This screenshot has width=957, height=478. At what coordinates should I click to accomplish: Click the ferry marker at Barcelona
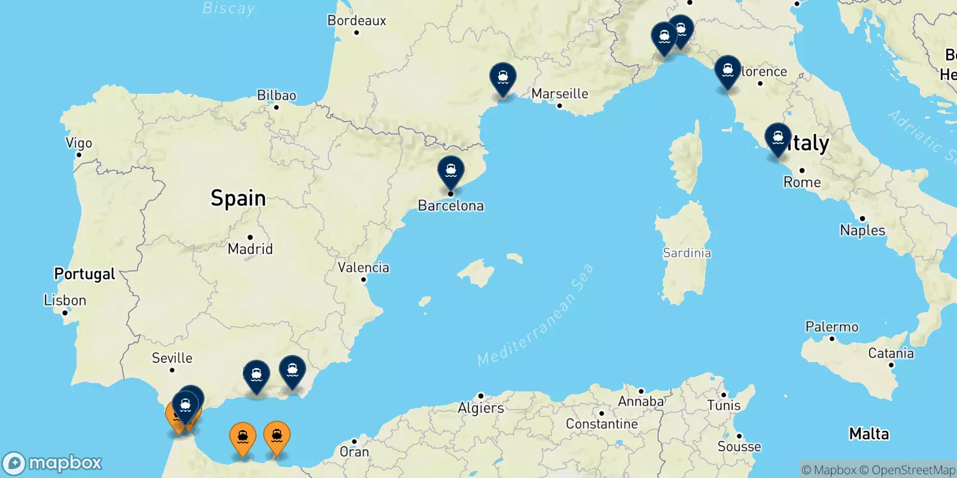[x=450, y=171]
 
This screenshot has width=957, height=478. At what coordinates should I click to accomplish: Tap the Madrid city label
[x=250, y=249]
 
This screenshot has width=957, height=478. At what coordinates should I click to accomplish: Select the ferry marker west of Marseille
[x=502, y=78]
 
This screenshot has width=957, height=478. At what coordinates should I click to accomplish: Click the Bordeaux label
[x=356, y=21]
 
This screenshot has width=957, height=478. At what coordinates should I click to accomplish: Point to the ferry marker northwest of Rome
[x=778, y=139]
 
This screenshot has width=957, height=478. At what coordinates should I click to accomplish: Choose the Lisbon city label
[x=65, y=300]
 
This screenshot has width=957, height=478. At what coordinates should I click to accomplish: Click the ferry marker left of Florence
[x=727, y=71]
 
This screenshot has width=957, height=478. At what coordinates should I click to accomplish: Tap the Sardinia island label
[x=687, y=253]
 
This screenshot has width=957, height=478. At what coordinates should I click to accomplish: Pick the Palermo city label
[x=831, y=327]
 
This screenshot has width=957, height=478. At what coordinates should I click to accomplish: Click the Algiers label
[x=481, y=408]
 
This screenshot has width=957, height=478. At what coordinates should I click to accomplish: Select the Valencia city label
[x=363, y=268]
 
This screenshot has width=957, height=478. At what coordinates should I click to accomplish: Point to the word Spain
[x=238, y=198]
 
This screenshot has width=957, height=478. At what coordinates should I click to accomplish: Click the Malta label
[x=869, y=434]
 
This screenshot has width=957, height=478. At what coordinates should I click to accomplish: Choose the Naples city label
[x=862, y=230]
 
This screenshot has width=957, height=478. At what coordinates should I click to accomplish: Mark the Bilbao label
[x=276, y=96]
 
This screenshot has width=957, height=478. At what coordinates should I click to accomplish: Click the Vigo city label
[x=79, y=143]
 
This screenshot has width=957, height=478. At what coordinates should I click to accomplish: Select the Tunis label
[x=724, y=405]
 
